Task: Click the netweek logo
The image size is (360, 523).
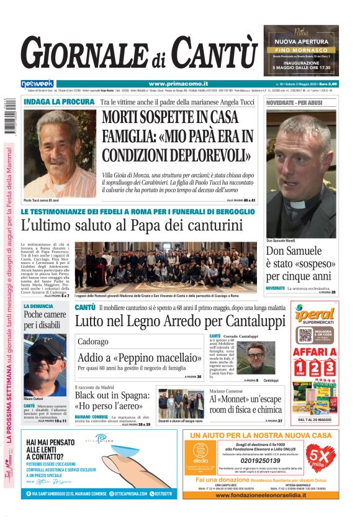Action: (37, 83)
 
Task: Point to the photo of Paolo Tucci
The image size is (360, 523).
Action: (60, 153)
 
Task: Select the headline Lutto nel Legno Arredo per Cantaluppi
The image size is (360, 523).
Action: (180, 321)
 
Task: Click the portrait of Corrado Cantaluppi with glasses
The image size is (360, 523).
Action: (254, 358)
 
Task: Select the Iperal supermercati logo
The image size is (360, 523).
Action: (315, 314)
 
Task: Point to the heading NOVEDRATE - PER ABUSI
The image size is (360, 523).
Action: (295, 101)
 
